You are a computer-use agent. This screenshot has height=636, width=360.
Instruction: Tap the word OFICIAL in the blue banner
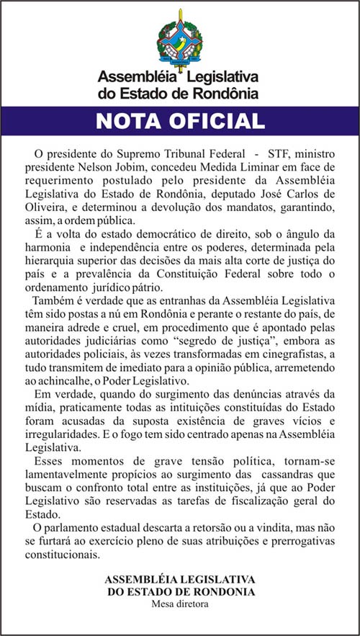219,120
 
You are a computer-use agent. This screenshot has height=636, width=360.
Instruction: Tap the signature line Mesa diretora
180,604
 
